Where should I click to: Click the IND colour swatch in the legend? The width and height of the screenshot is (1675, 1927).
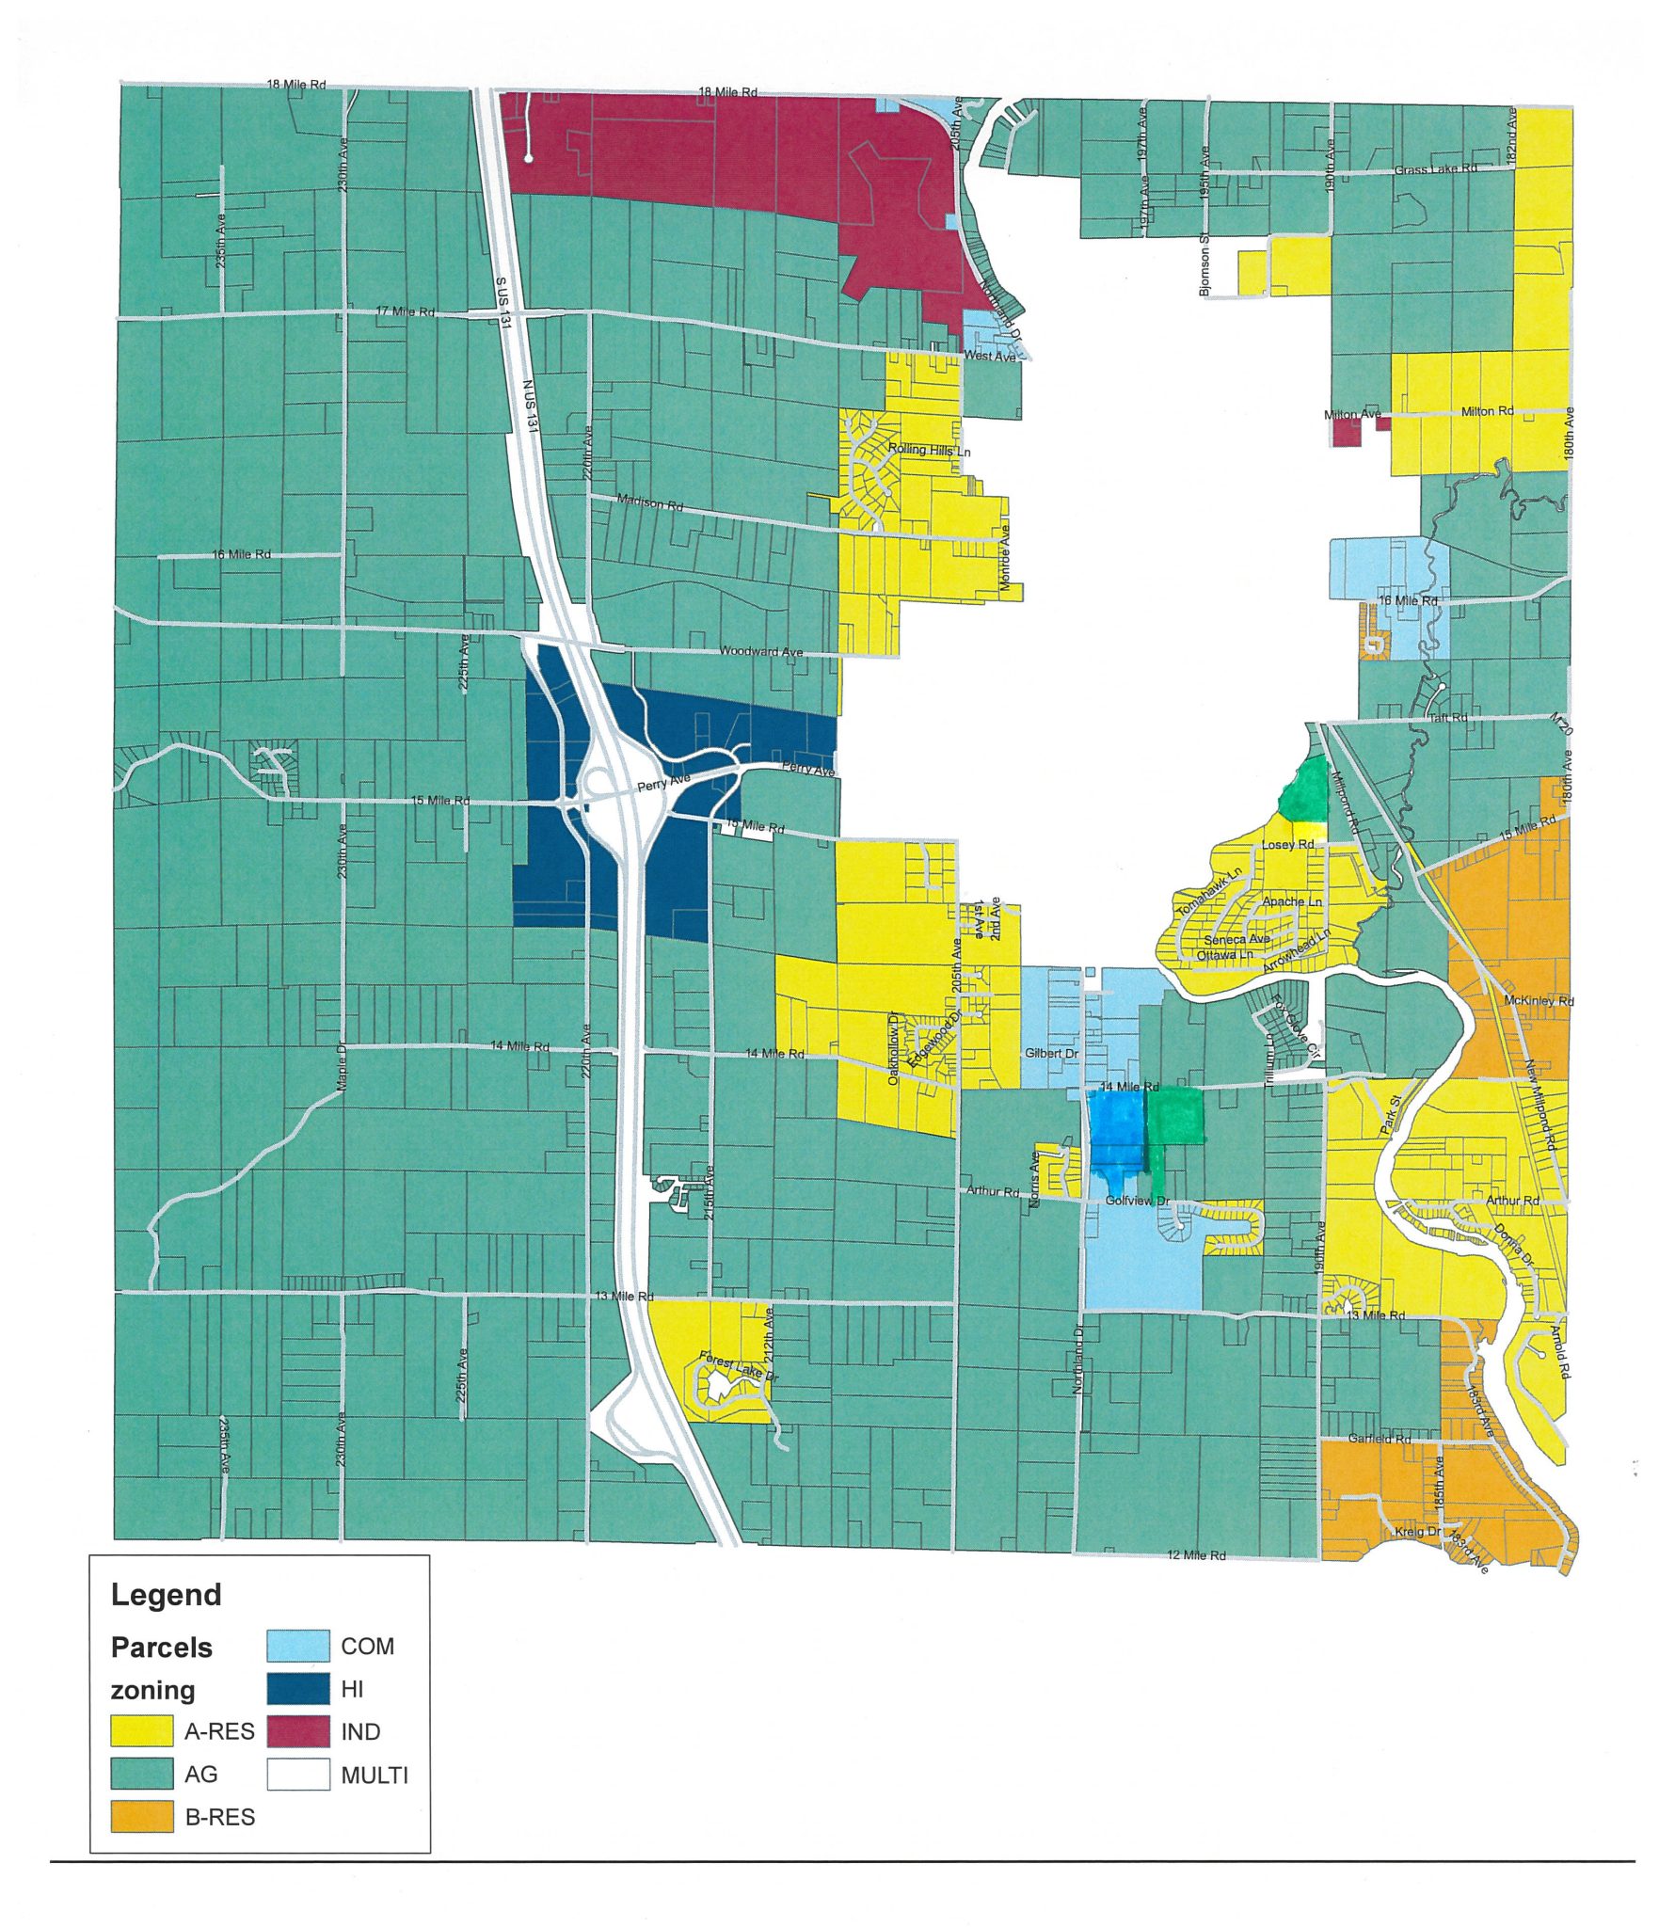click(x=297, y=1731)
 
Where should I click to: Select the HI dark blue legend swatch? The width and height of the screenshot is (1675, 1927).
click(x=297, y=1689)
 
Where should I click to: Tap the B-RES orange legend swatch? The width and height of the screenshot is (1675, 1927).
click(x=142, y=1817)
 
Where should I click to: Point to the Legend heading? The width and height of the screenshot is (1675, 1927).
click(x=166, y=1595)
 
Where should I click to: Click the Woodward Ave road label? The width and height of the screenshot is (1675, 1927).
click(x=760, y=651)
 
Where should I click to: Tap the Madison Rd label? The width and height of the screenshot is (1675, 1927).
click(x=649, y=503)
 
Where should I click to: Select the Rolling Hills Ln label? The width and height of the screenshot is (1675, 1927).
click(x=929, y=451)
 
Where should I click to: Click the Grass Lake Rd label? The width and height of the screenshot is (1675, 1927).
click(x=1434, y=169)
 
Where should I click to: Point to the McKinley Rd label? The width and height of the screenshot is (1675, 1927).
click(x=1539, y=1000)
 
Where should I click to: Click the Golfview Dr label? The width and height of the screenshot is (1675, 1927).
click(x=1137, y=1202)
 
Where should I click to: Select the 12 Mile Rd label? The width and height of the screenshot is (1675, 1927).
click(x=1196, y=1555)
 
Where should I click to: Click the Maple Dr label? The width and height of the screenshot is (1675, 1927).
click(x=343, y=1066)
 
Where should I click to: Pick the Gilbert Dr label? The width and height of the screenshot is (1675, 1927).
click(x=1051, y=1053)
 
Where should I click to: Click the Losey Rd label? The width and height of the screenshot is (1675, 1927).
click(x=1287, y=845)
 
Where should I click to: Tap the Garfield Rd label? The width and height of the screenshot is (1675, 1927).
click(x=1379, y=1439)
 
